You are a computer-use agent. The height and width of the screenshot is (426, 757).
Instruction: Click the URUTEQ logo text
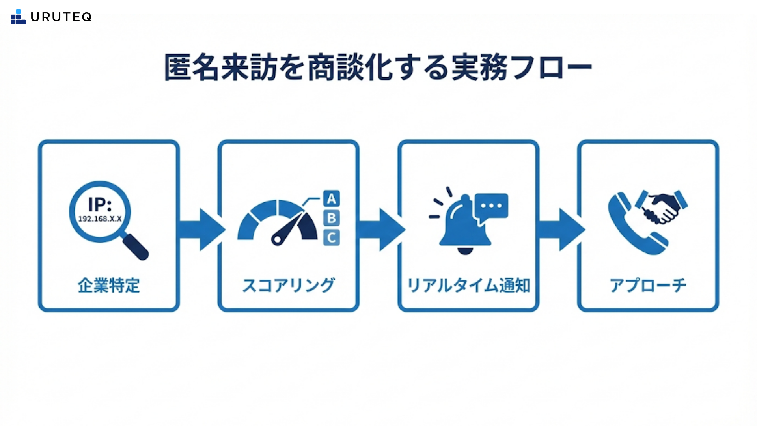pyautogui.click(x=61, y=17)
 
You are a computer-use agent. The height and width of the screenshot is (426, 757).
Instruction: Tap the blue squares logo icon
pyautogui.click(x=18, y=17)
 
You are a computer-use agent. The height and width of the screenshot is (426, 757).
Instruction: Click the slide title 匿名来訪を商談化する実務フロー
pyautogui.click(x=378, y=68)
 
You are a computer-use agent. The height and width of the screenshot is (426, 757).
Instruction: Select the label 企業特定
pyautogui.click(x=109, y=286)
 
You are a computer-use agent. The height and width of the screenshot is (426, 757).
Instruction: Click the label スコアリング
pyautogui.click(x=289, y=286)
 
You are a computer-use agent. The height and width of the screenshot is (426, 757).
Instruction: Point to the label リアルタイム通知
pyautogui.click(x=468, y=286)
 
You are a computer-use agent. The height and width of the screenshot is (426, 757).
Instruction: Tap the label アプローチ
pyautogui.click(x=648, y=286)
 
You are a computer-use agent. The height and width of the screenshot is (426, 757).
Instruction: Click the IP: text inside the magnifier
pyautogui.click(x=100, y=205)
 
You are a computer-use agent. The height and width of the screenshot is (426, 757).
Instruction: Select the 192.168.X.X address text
pyautogui.click(x=100, y=219)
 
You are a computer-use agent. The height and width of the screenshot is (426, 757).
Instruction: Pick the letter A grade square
pyautogui.click(x=332, y=198)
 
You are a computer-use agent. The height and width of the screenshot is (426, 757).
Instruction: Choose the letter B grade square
pyautogui.click(x=332, y=218)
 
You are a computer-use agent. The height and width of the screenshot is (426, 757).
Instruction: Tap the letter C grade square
pyautogui.click(x=332, y=238)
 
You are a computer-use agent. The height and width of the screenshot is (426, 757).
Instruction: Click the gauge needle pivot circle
pyautogui.click(x=277, y=239)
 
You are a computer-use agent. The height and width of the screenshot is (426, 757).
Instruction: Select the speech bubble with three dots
pyautogui.click(x=491, y=206)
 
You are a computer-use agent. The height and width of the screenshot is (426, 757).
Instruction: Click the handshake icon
pyautogui.click(x=662, y=207)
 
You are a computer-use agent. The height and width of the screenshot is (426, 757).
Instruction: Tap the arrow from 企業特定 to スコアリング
pyautogui.click(x=201, y=230)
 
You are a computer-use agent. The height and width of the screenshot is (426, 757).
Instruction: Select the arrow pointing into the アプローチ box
pyautogui.click(x=561, y=230)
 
